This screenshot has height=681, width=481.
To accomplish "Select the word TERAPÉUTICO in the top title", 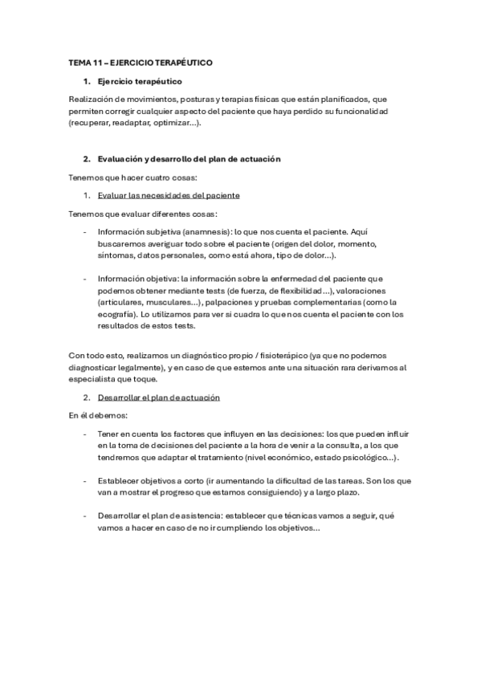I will tap(181, 63).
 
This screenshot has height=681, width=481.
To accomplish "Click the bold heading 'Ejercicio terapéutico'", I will tap(140, 81).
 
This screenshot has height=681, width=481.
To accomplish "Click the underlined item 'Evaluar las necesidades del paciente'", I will tap(169, 195).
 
